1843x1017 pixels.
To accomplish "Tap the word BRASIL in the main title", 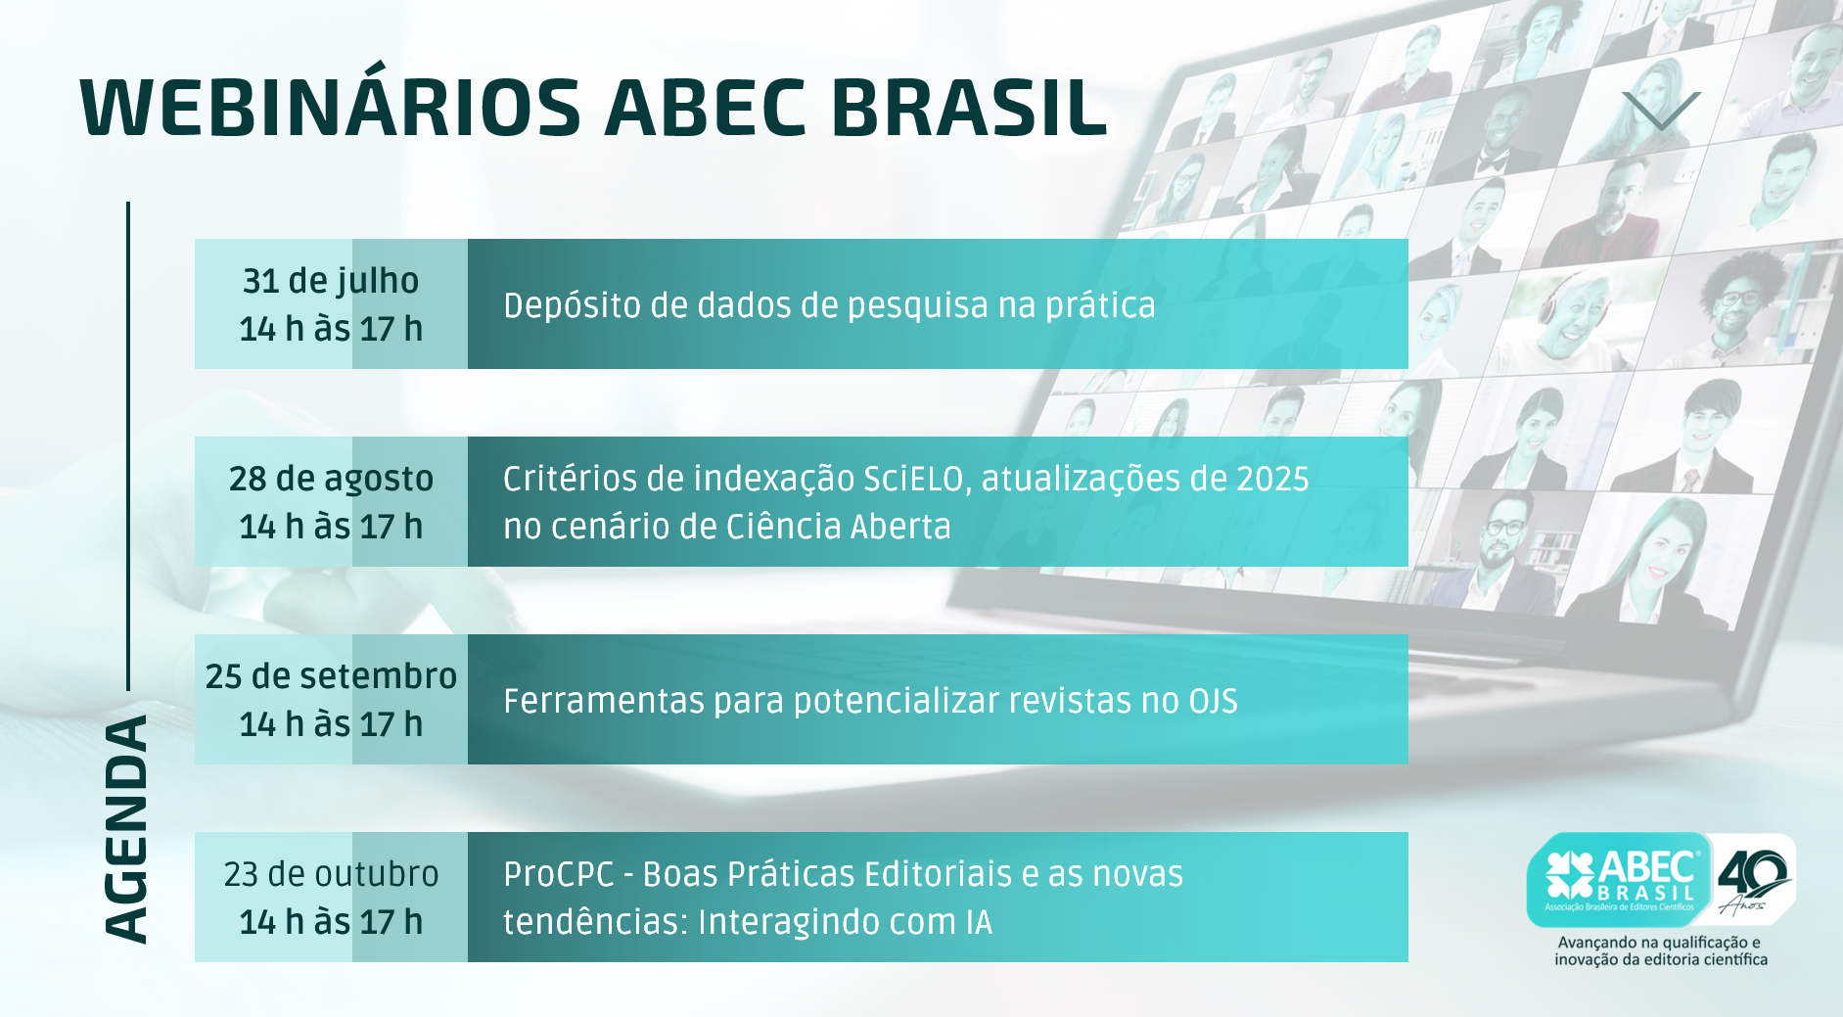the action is point(969,107).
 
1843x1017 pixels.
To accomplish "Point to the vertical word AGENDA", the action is point(126,830).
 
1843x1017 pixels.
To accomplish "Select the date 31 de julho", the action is point(331,281).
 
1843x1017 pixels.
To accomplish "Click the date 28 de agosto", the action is point(331,479).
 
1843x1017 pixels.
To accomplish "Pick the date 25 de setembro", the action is point(331,676).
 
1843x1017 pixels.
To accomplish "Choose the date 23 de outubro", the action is point(331,874).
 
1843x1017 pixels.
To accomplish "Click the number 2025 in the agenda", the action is point(1272,480).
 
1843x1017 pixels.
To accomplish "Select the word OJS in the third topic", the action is point(1214,702).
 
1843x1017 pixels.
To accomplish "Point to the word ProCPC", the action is point(559,874).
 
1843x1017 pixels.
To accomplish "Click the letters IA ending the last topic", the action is point(979,922).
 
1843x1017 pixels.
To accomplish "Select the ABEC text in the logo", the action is point(1647,866).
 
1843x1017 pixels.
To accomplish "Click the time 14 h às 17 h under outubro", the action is point(331,922).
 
